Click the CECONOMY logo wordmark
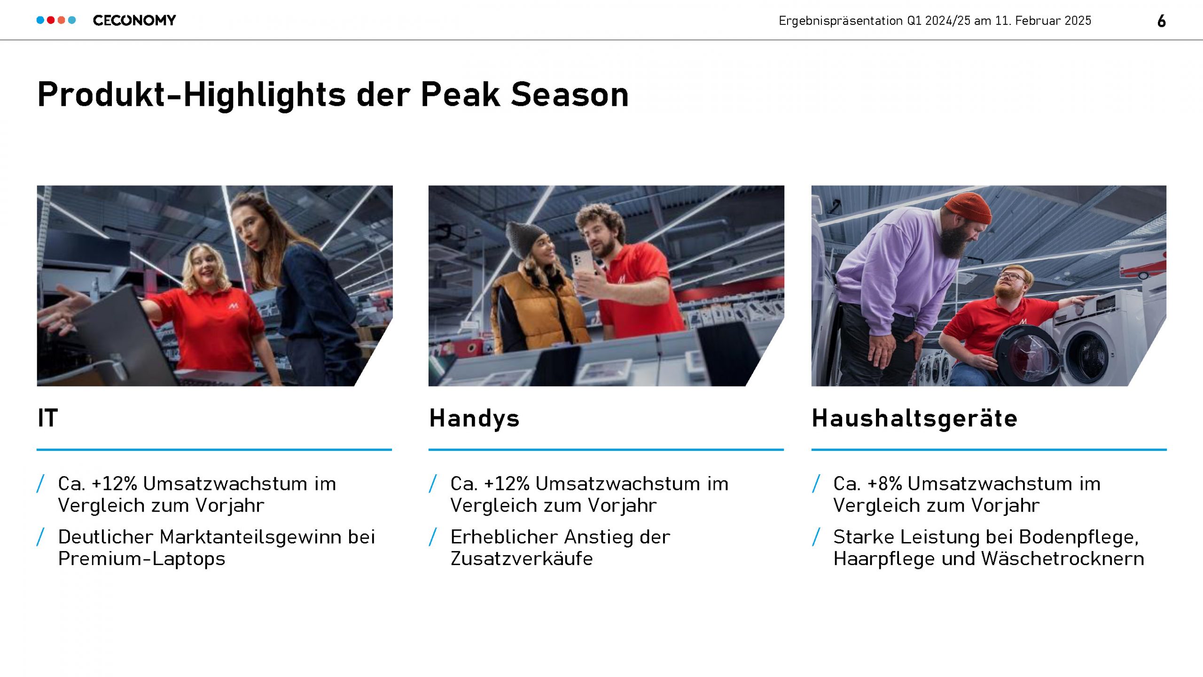134,20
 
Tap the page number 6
1161,21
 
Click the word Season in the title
570,94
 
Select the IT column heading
48,418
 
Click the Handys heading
474,418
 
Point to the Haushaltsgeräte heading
914,418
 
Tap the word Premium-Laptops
141,559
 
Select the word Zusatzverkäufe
522,559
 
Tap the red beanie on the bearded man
969,208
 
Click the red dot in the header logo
51,20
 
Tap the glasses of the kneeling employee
1013,276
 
